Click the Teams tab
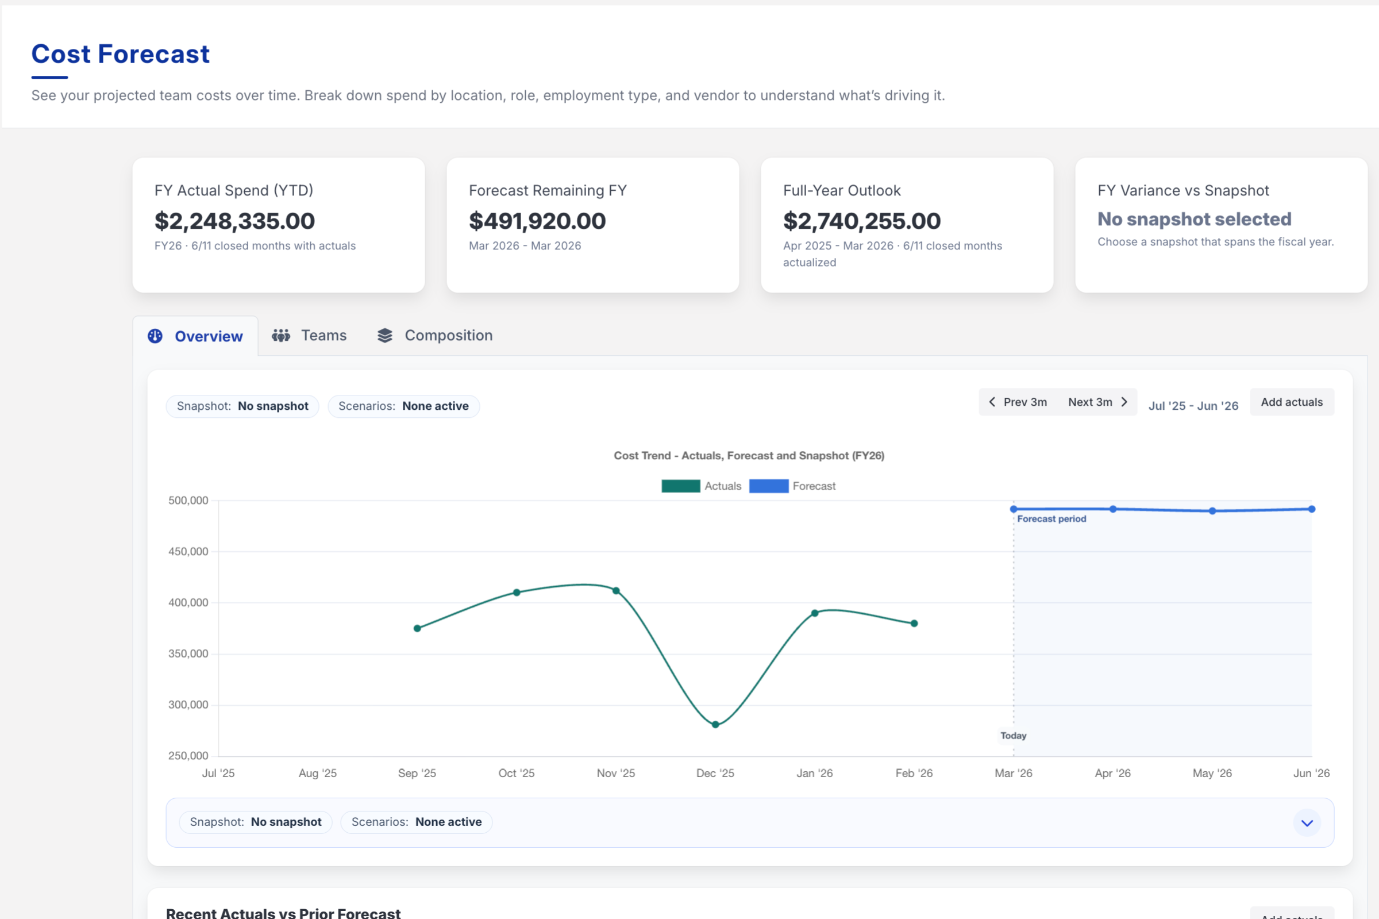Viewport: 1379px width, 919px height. click(309, 335)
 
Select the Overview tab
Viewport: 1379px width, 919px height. click(196, 336)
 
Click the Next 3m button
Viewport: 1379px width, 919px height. click(1097, 402)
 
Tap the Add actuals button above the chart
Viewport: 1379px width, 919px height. click(1291, 402)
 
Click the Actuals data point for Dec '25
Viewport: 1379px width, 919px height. click(715, 724)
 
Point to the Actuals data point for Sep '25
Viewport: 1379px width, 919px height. click(417, 628)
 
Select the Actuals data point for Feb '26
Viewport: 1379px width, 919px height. click(914, 624)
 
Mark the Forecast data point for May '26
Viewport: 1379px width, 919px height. click(1212, 511)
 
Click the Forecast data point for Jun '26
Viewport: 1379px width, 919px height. click(1312, 509)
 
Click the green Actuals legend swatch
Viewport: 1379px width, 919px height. click(680, 486)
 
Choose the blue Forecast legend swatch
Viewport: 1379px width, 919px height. click(768, 486)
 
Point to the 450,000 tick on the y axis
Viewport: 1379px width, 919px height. click(188, 552)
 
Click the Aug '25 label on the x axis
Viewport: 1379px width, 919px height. click(318, 773)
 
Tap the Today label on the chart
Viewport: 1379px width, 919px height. click(1013, 736)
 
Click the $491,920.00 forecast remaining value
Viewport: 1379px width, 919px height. click(537, 221)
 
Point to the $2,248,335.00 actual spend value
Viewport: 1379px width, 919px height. click(234, 221)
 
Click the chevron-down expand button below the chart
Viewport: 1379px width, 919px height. click(1307, 823)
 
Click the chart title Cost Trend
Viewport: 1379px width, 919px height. click(749, 455)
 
